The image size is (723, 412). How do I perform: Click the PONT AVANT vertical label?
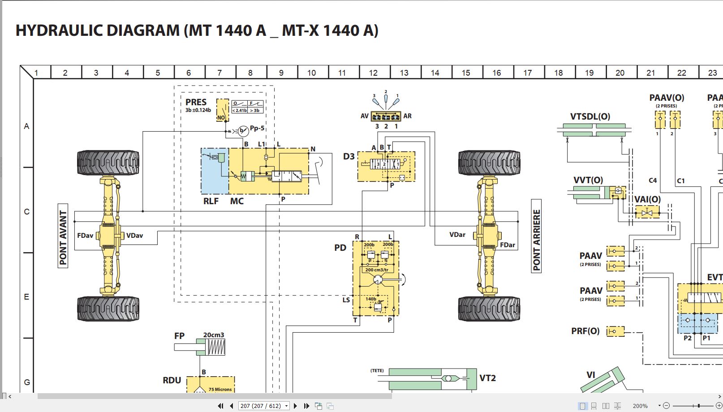(x=63, y=236)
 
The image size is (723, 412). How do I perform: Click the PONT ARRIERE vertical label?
(x=536, y=236)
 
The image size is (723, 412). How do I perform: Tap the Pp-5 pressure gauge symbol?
(x=243, y=131)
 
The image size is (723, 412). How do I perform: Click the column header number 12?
(x=373, y=73)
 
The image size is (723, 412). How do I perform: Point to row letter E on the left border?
(x=26, y=297)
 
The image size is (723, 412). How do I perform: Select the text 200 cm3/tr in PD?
(x=377, y=270)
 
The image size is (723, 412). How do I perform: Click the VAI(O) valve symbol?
(x=647, y=212)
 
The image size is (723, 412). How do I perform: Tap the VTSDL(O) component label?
(x=590, y=116)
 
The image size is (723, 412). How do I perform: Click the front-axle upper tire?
(x=108, y=163)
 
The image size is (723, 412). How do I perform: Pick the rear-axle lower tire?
(x=489, y=309)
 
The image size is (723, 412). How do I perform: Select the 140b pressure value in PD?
(x=371, y=299)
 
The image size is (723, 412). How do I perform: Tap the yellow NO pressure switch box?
(x=222, y=110)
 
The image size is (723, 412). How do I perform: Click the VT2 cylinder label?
(x=487, y=378)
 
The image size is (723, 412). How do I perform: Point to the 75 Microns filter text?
(x=220, y=389)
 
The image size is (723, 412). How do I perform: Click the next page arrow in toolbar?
(x=295, y=406)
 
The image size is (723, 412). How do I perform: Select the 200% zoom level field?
(x=640, y=406)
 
